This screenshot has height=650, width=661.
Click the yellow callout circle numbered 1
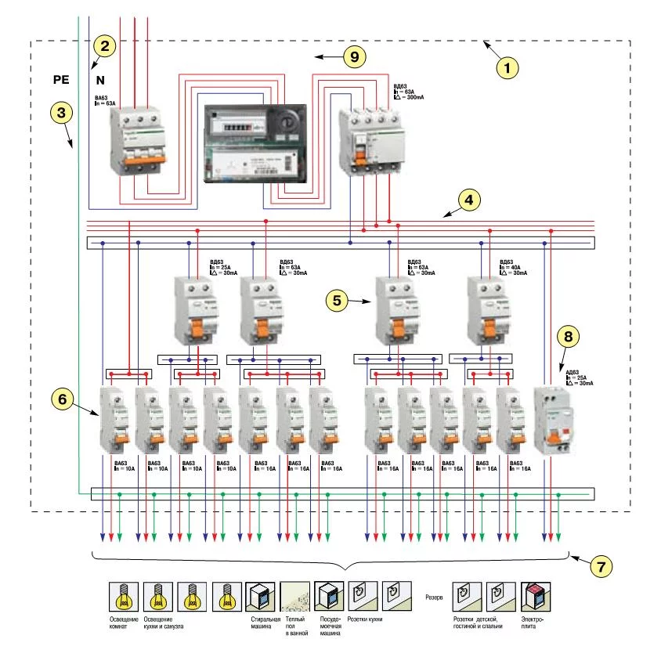point(510,67)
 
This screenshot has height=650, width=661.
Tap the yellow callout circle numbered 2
point(104,45)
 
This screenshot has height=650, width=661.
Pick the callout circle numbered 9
point(355,56)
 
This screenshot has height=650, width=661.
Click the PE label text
point(62,79)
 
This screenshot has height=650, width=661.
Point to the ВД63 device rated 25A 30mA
point(192,310)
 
